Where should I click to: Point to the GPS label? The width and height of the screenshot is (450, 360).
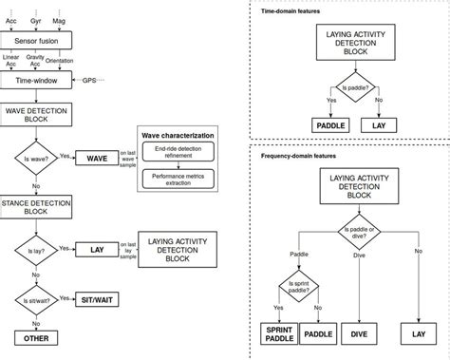pos(89,82)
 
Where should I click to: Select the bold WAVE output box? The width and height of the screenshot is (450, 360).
pos(96,158)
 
